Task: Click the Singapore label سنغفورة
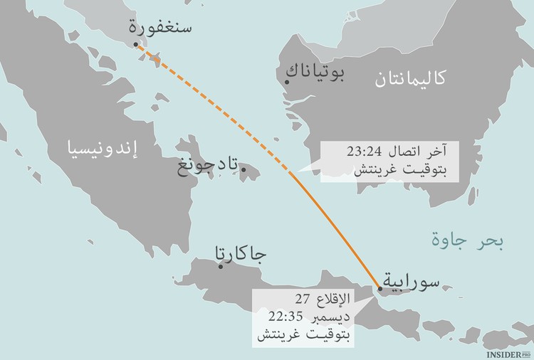pos(159,28)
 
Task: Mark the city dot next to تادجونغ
pos(244,169)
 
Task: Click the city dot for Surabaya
pos(380,288)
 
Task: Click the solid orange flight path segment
pos(342,228)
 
